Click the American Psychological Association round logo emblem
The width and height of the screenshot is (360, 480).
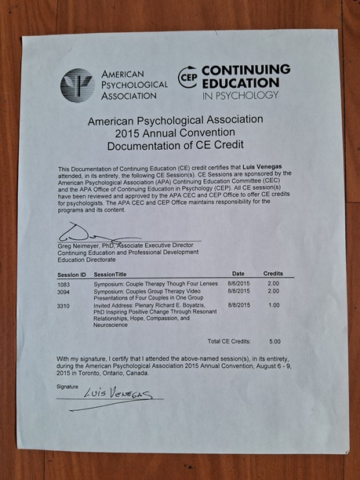77,85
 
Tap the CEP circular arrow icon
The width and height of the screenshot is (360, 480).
187,78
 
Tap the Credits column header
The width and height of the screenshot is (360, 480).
273,273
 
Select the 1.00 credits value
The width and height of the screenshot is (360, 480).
274,304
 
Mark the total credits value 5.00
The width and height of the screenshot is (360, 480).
274,342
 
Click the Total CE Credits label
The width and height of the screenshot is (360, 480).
230,342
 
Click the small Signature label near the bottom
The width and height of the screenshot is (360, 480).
68,386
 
